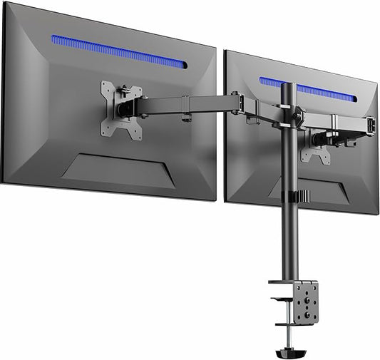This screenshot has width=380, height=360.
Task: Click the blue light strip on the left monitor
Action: [x=118, y=52]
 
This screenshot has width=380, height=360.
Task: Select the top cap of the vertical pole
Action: [x=290, y=86]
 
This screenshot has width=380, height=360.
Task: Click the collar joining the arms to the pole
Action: [x=289, y=113]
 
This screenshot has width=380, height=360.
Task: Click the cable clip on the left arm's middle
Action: [x=185, y=111]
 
